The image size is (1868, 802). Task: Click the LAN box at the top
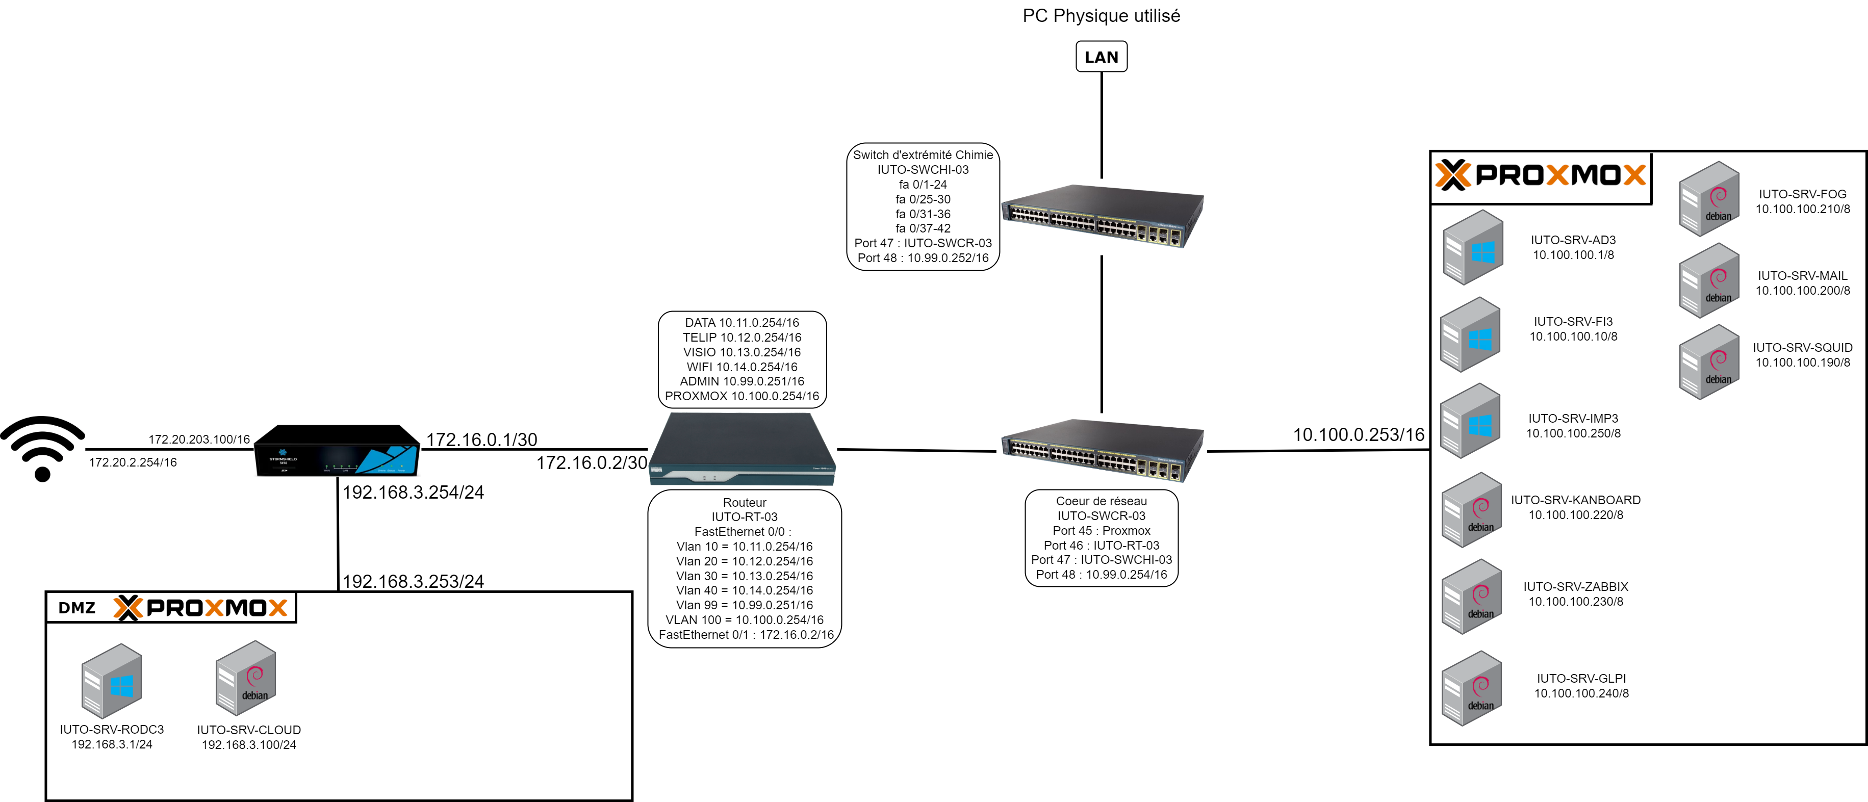point(1101,57)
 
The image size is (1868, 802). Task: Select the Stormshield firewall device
point(337,451)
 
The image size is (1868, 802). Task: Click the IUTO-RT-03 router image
point(742,450)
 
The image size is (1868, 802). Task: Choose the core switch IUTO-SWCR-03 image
point(1102,450)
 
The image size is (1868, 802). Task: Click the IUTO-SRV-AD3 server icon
point(1472,247)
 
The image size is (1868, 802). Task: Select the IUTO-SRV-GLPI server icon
point(1471,688)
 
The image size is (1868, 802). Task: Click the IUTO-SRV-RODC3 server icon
point(111,680)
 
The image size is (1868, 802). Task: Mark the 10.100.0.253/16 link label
point(1358,434)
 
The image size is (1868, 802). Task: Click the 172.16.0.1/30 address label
point(481,439)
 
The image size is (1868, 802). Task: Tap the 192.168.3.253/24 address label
point(413,581)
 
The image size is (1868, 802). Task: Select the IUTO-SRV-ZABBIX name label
point(1575,586)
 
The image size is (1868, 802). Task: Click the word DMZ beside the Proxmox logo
point(77,608)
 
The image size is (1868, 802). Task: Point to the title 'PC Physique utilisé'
point(1101,16)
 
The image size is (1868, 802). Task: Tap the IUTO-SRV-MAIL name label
point(1802,275)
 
